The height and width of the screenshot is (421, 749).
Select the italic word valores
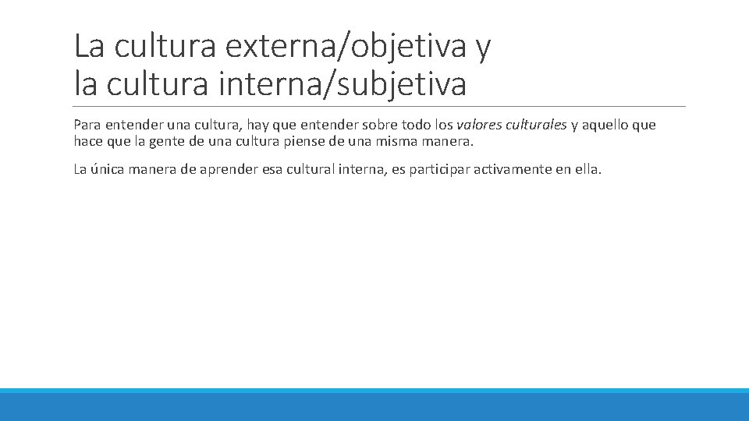480,125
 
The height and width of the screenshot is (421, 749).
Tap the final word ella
587,169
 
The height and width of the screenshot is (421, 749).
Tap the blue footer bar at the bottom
374,405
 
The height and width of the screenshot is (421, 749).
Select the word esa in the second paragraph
272,169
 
